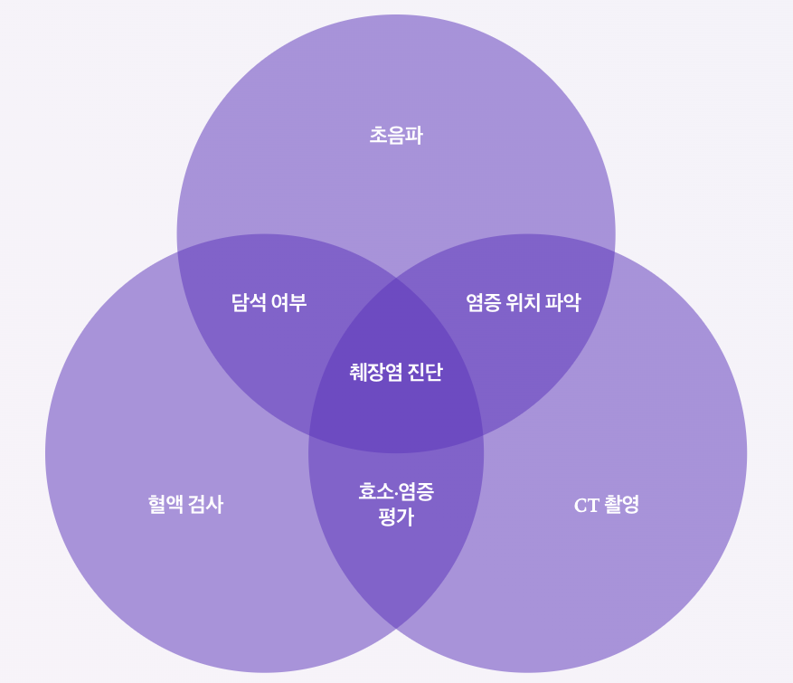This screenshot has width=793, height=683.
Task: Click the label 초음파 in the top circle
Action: tap(396, 136)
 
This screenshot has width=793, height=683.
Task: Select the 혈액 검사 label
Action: tap(185, 505)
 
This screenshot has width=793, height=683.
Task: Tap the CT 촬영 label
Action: tap(606, 505)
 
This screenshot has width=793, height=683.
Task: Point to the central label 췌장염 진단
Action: tap(396, 372)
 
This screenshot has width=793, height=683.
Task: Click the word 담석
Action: tap(249, 302)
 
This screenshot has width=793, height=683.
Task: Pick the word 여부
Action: tap(289, 302)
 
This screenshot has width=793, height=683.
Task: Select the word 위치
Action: tap(524, 302)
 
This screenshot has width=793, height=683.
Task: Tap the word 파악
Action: tap(562, 302)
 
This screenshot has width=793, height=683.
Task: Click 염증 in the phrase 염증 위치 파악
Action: tap(484, 302)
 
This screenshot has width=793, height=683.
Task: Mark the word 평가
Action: tap(396, 517)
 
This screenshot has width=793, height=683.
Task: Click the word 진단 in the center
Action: tap(425, 372)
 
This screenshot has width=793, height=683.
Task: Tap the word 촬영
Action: tap(622, 505)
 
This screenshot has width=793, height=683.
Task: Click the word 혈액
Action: tap(166, 505)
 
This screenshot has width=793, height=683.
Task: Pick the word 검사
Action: tap(206, 505)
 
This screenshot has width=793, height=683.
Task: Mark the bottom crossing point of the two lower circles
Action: tap(396, 628)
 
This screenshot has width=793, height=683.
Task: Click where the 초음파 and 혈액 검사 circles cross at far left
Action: tap(178, 251)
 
